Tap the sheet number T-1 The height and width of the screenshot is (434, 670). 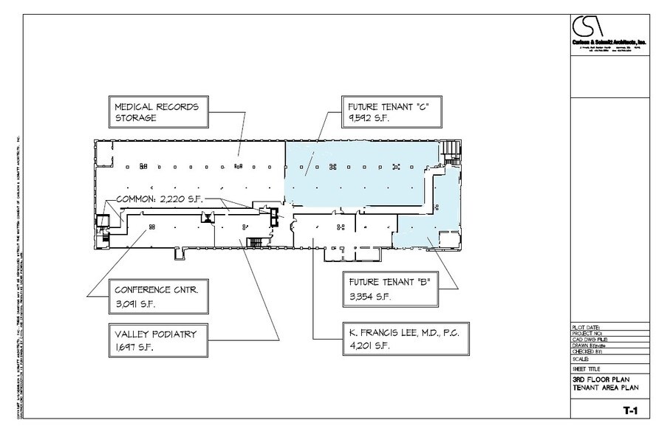point(629,408)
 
